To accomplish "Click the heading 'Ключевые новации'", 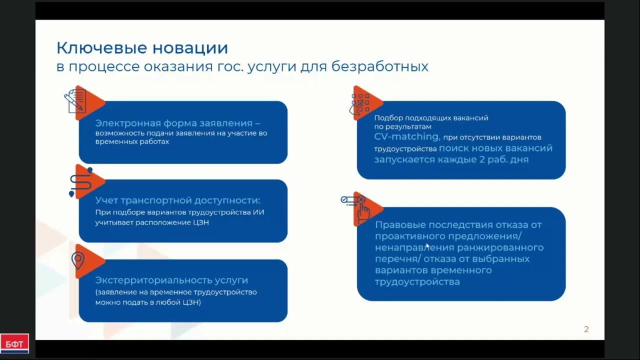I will coord(142,48).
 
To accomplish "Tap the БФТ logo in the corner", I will coord(14,344).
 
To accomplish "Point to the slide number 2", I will coord(586,329).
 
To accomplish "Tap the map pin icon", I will coord(78,260).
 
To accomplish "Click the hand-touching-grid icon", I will coord(360,104).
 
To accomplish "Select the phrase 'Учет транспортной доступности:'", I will coord(177,200).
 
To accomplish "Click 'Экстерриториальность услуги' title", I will coord(171,280).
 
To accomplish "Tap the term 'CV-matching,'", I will coord(407,136).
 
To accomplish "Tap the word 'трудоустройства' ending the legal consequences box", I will coord(417,282).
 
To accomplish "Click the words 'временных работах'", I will coord(132,142).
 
